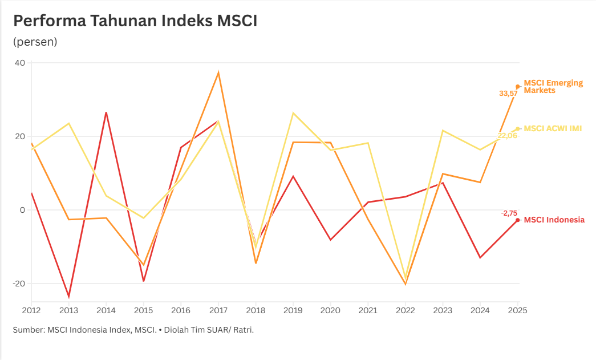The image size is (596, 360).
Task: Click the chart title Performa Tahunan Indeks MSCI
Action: click(x=135, y=21)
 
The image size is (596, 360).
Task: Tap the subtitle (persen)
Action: click(x=35, y=42)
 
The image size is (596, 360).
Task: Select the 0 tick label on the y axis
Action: click(x=23, y=210)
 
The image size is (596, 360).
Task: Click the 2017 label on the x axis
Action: click(x=218, y=310)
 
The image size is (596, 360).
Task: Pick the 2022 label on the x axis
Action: click(x=406, y=310)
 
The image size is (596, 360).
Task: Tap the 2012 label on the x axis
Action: click(x=31, y=310)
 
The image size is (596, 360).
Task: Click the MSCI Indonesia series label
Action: click(x=554, y=220)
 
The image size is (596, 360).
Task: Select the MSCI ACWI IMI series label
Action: click(x=553, y=128)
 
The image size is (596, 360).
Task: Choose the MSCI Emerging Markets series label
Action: click(x=553, y=86)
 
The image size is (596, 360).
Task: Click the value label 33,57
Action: click(x=508, y=94)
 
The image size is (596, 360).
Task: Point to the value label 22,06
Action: click(x=507, y=135)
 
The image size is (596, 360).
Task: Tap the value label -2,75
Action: click(x=509, y=213)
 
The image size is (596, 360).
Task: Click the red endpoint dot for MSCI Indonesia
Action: click(x=518, y=220)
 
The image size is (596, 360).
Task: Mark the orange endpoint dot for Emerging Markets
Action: click(x=518, y=86)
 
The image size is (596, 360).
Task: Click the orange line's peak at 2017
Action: click(x=218, y=72)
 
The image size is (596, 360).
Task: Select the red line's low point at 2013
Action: click(x=69, y=297)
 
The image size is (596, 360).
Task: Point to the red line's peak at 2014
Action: click(x=106, y=112)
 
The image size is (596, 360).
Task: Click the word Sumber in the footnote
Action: click(x=27, y=330)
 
